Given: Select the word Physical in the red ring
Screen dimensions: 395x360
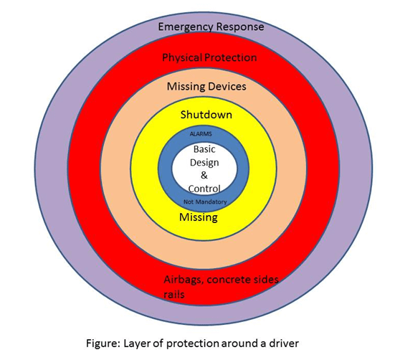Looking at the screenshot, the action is point(182,58).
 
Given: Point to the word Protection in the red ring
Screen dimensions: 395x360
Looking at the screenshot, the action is point(231,57).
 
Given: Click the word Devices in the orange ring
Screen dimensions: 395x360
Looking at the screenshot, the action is point(227,86).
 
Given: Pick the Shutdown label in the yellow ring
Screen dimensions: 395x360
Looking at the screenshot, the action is point(206,115).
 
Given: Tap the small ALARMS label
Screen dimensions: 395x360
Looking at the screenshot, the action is point(201,134).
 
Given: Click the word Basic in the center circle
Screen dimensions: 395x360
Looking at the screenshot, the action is point(204,149).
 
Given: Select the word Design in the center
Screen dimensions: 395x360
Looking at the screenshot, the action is point(204,163).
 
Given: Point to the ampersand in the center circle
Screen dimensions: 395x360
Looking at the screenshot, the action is point(204,175).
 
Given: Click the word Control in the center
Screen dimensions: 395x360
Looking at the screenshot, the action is point(204,189).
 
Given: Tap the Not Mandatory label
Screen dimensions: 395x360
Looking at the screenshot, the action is point(205,202).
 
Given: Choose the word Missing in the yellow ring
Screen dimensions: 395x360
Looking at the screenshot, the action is point(199,217).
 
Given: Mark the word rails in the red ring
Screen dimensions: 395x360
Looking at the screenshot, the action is point(173,294).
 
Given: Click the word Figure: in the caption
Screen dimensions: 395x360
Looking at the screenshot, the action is point(103,344).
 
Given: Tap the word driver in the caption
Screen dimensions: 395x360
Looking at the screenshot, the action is point(284,343).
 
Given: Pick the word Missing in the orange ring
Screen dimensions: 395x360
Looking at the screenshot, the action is point(186,87).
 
